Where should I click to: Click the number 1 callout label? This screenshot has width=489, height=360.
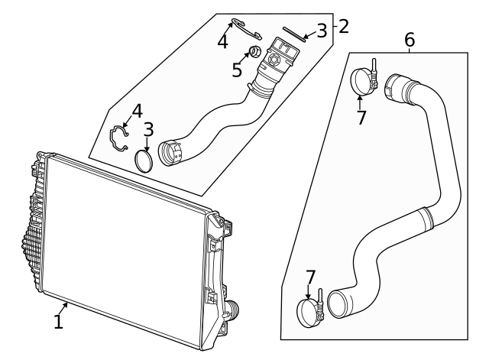tap(58, 322)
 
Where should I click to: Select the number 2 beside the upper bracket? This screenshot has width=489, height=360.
tap(343, 26)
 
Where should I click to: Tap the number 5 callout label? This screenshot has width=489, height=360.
tap(237, 70)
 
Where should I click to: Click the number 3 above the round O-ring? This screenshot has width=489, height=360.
tap(148, 130)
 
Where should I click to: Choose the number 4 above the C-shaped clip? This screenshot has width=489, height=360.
tap(137, 111)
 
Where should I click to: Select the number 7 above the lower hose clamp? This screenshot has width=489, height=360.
tap(310, 277)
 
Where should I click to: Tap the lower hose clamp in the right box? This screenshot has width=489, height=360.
tap(310, 311)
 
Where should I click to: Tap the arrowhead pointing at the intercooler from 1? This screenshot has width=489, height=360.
tap(68, 305)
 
